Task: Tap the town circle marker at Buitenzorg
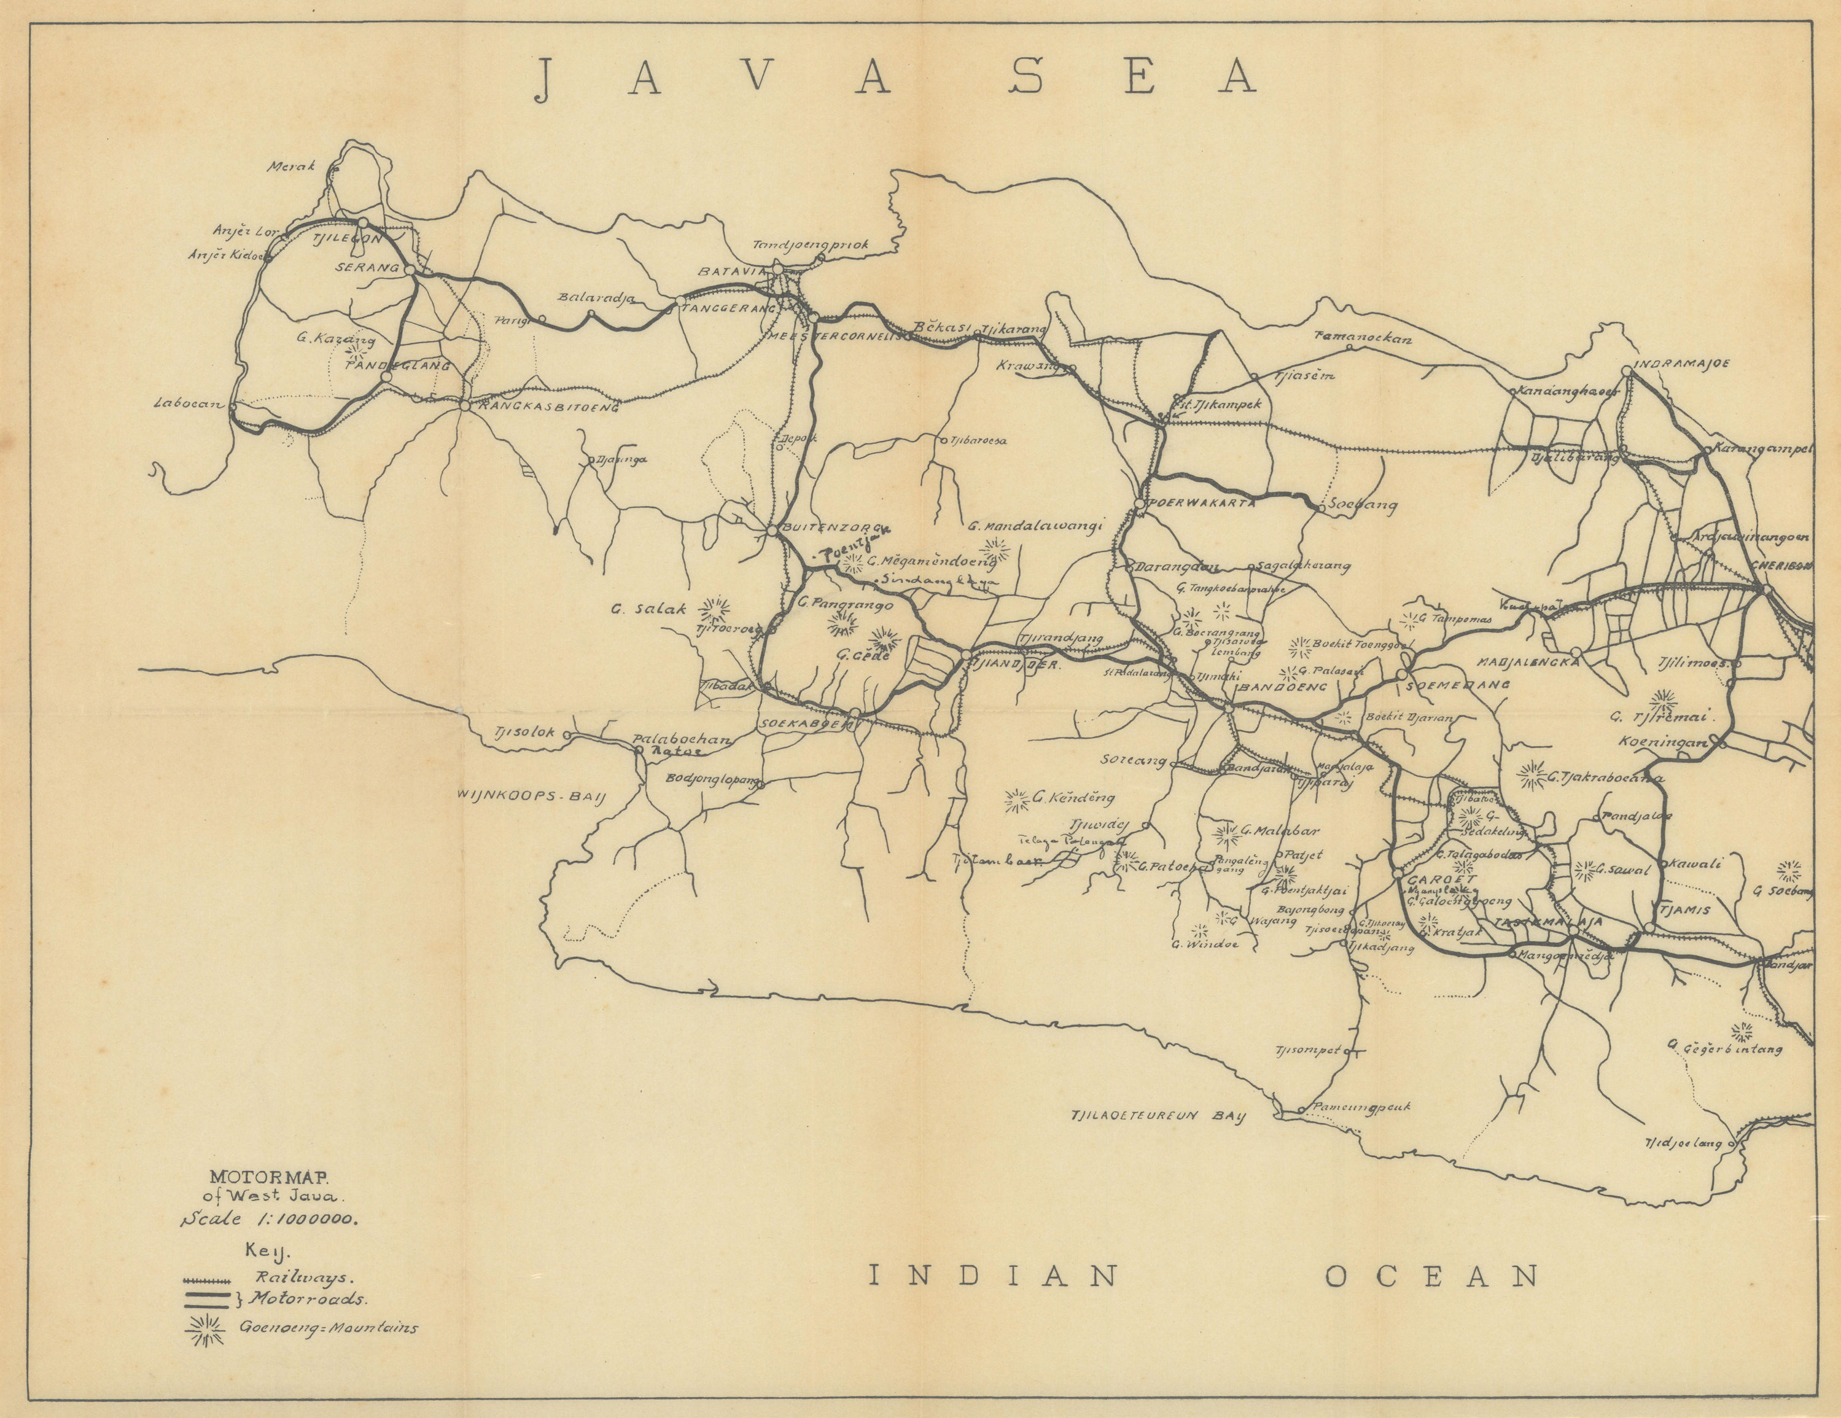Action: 771,530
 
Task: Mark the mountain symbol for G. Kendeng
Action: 1018,800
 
